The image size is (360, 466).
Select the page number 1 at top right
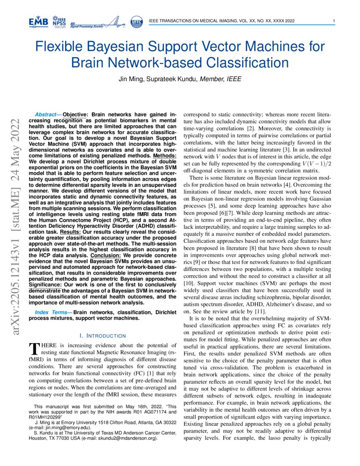coord(334,21)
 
